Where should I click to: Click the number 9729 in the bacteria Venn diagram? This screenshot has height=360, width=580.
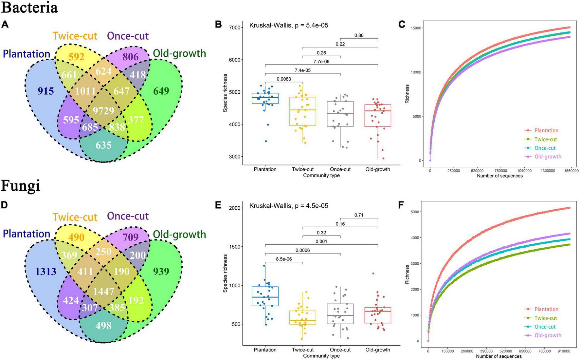click(x=103, y=111)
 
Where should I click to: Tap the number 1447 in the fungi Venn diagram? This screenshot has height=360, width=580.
click(x=103, y=291)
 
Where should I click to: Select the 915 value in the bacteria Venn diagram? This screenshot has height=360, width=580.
click(x=45, y=91)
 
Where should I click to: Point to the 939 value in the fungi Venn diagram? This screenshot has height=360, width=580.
click(x=161, y=271)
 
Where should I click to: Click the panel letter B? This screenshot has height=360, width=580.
click(x=218, y=25)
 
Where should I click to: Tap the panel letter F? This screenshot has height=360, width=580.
click(x=401, y=205)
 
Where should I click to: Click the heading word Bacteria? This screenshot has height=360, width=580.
click(x=29, y=7)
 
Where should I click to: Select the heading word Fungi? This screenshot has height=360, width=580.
click(x=20, y=186)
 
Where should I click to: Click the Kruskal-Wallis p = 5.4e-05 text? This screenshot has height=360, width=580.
click(x=289, y=25)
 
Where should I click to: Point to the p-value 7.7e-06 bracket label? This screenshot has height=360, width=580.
click(x=321, y=62)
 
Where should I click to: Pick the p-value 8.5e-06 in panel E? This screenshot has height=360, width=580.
click(x=284, y=259)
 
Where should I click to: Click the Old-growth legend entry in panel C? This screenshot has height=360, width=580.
click(x=548, y=157)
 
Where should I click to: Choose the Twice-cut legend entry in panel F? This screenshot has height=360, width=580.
click(x=545, y=318)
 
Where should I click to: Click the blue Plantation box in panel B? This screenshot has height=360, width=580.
click(x=265, y=98)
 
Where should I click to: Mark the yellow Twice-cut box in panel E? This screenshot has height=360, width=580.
click(x=303, y=317)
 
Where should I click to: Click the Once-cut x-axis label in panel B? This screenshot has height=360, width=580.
click(x=340, y=169)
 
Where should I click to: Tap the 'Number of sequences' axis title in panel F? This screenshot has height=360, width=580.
click(x=498, y=356)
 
